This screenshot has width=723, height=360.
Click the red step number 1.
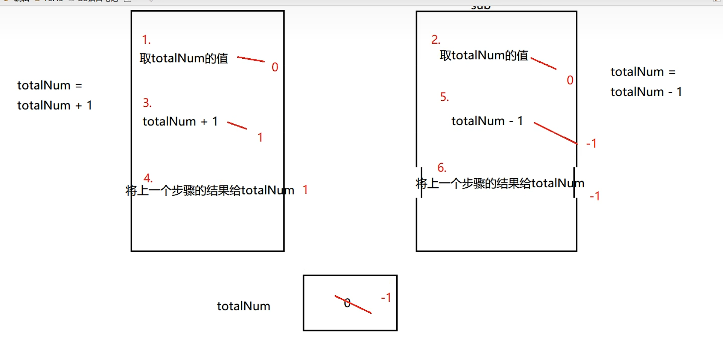coord(146,39)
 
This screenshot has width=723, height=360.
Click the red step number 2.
coord(435,39)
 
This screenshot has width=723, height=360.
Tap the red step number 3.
coord(147,103)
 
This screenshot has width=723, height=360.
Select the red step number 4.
coord(148,178)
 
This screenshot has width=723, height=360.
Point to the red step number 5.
coord(444,97)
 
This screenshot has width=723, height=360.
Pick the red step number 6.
coord(441,168)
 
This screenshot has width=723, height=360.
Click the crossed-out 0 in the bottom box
coord(347,303)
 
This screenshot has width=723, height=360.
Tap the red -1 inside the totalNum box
coord(387,298)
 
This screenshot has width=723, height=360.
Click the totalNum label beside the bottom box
coord(244,306)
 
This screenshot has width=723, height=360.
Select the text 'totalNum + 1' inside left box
coord(180,122)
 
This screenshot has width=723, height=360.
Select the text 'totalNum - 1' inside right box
coord(487,121)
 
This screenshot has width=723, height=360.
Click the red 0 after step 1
coord(275,67)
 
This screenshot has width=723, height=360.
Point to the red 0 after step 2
coord(570,80)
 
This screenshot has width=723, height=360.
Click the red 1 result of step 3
coord(260,137)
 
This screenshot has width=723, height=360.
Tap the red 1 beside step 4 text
coord(305,190)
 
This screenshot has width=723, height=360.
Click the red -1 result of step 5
coord(591,143)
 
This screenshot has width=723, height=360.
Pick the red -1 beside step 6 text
coord(595,196)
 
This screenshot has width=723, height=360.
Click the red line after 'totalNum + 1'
coord(237,126)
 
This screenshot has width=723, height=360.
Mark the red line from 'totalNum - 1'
coord(556,133)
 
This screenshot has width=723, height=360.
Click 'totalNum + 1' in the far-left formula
coord(55,105)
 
